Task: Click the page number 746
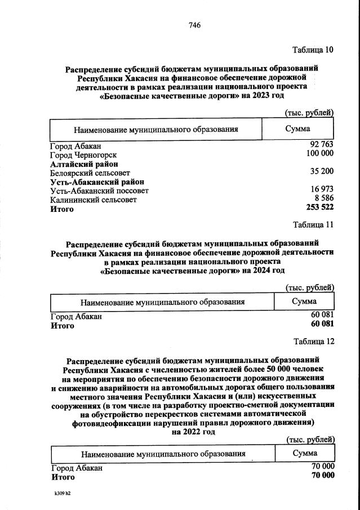[195, 25]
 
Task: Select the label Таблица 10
[313, 50]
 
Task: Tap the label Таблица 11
[313, 225]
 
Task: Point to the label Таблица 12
[314, 342]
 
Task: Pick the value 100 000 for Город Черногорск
[319, 154]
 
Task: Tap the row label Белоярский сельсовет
[90, 172]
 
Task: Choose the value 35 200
[322, 171]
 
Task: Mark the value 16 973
[322, 190]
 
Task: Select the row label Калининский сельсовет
[93, 199]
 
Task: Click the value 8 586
[324, 198]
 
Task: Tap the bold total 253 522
[319, 208]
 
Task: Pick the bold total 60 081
[322, 325]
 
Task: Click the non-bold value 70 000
[323, 467]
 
